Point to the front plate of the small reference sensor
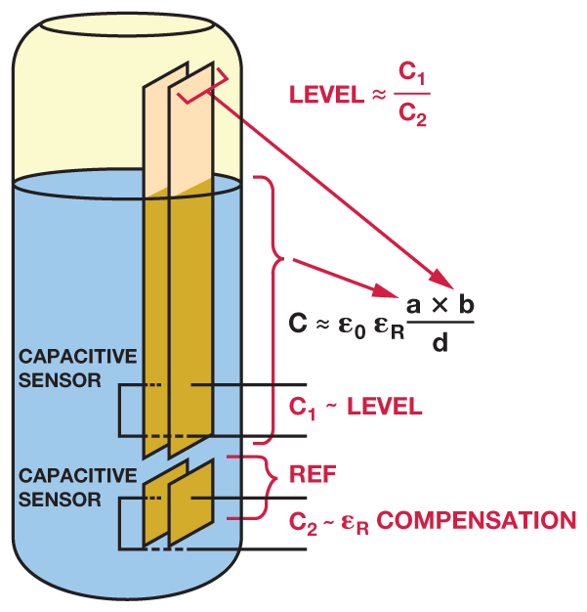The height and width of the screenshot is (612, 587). point(190,503)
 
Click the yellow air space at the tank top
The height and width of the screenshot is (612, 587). point(88,108)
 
